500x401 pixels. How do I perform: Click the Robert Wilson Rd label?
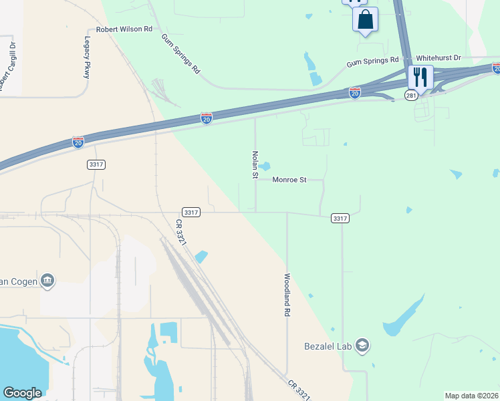click(x=124, y=29)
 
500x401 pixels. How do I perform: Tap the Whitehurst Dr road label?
click(x=439, y=58)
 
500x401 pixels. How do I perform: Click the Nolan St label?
click(x=255, y=164)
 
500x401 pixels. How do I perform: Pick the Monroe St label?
click(x=289, y=180)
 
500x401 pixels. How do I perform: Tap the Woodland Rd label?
click(x=287, y=294)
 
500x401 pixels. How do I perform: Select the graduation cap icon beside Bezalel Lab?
click(x=362, y=346)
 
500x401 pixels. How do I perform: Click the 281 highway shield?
click(x=411, y=96)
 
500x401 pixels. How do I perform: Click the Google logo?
click(x=23, y=393)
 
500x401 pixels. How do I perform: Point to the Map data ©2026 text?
click(x=471, y=396)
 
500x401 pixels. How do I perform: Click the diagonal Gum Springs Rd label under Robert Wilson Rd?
click(x=180, y=53)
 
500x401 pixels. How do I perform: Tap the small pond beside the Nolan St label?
click(x=265, y=166)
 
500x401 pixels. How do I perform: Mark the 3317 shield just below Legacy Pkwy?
click(x=96, y=164)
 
